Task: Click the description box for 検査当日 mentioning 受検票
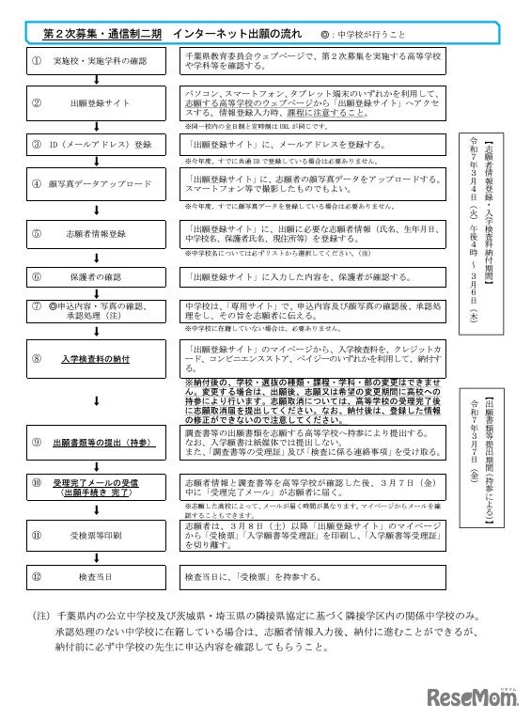[x=315, y=574]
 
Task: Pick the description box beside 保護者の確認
[x=315, y=276]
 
